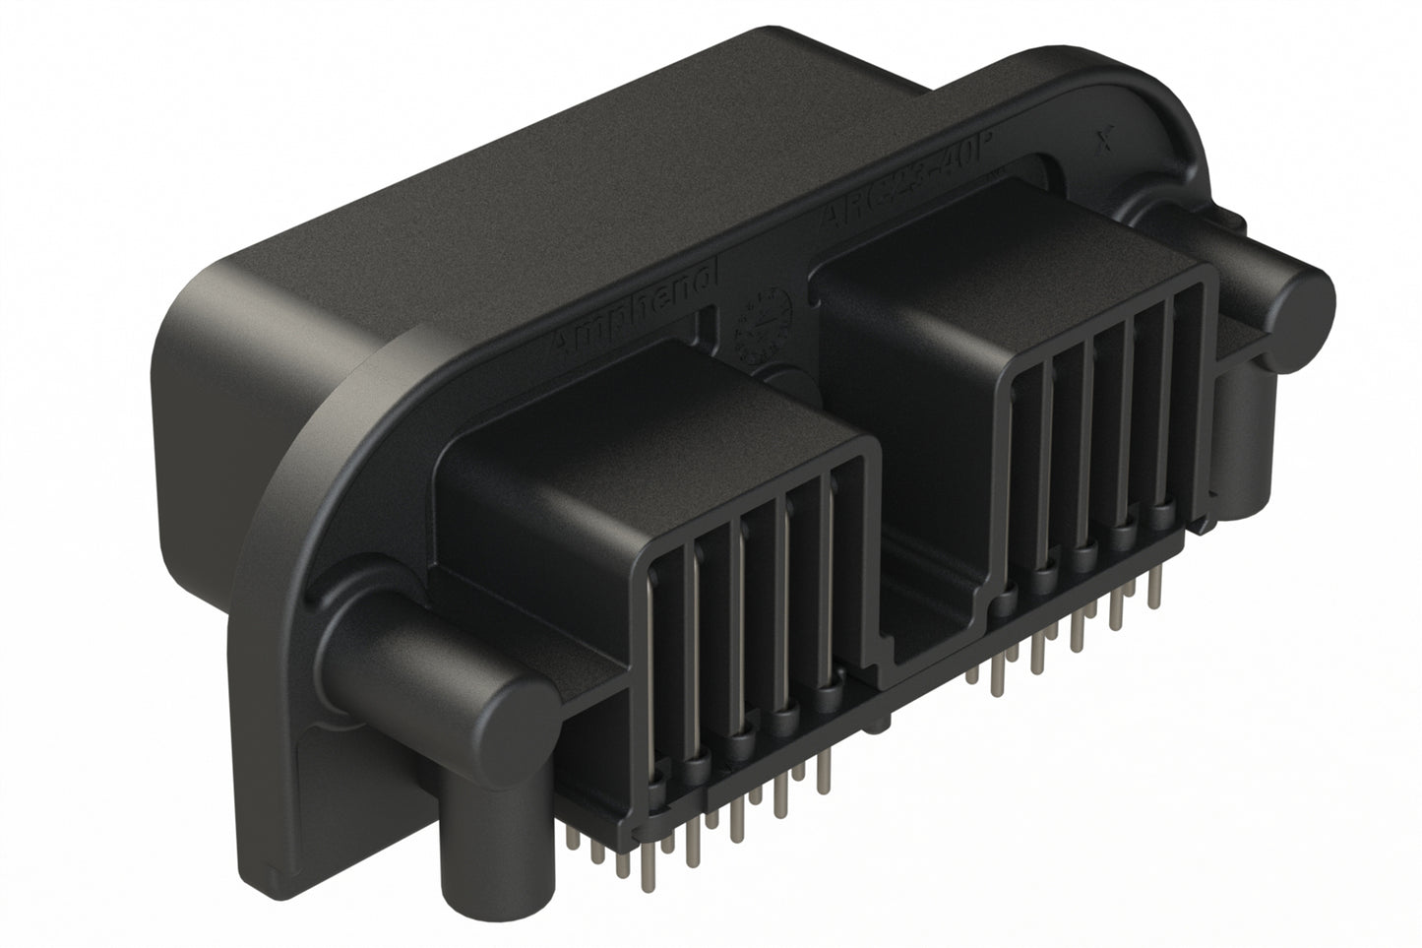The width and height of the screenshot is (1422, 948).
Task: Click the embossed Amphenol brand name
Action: [x=635, y=305]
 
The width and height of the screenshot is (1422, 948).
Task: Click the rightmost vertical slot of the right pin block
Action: [x=1185, y=413]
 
